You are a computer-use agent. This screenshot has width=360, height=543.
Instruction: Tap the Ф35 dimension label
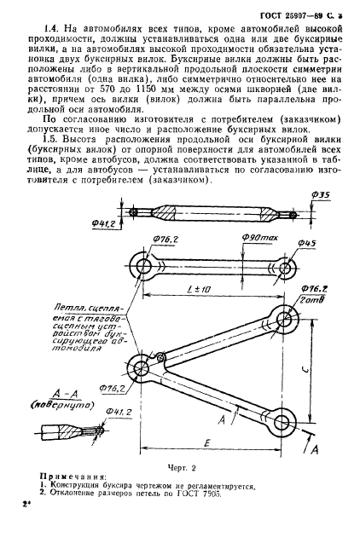pyautogui.click(x=322, y=220)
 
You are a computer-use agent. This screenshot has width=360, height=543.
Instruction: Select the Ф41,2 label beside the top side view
pyautogui.click(x=104, y=225)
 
